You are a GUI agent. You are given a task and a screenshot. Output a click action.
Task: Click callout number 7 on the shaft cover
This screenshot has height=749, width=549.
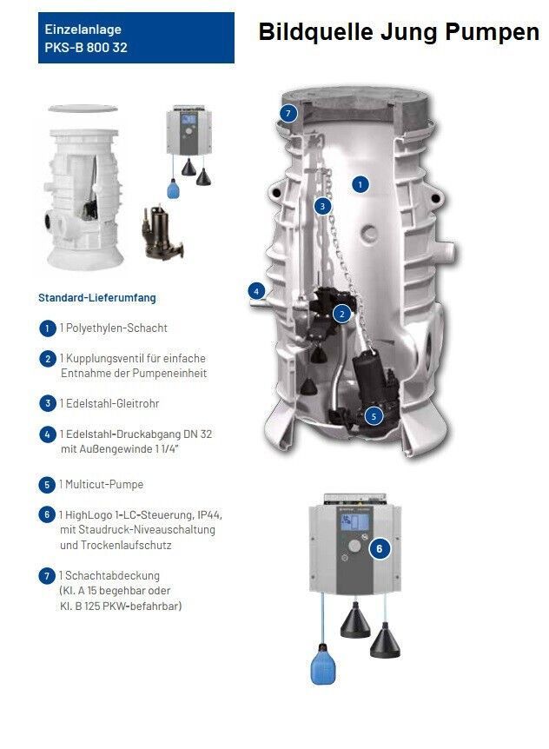(288, 114)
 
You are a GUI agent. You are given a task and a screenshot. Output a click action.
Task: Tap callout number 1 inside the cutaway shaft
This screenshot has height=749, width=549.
(360, 184)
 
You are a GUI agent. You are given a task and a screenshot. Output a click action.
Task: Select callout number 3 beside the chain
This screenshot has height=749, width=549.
(322, 206)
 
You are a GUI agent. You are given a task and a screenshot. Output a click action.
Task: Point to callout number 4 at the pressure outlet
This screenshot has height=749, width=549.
(256, 291)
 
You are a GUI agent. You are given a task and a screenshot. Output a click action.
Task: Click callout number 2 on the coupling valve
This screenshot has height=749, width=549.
(341, 314)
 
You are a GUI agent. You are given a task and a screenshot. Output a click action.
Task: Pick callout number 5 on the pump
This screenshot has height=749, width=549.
(374, 416)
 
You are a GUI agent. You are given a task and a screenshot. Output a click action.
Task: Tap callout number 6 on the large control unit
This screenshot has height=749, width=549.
(380, 548)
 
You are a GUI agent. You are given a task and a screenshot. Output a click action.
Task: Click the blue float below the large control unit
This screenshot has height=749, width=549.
(323, 664)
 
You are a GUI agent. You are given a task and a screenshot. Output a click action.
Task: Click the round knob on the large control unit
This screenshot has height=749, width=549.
(354, 546)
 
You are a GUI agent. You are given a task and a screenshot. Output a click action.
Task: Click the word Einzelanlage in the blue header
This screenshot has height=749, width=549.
(83, 30)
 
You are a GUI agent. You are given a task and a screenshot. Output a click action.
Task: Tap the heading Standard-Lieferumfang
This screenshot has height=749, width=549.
(97, 297)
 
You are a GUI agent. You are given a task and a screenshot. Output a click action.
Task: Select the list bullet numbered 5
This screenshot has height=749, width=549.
(47, 485)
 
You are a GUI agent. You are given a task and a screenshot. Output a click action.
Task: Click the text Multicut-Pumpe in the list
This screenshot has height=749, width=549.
(104, 484)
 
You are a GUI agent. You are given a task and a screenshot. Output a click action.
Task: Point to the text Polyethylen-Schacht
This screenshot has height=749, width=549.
(116, 328)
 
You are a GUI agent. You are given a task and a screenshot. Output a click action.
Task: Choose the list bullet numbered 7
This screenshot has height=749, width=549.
(47, 575)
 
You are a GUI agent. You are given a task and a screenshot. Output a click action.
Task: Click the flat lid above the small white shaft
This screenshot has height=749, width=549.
(83, 109)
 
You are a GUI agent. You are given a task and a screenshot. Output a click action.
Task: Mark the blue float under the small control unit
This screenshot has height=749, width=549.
(173, 189)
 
